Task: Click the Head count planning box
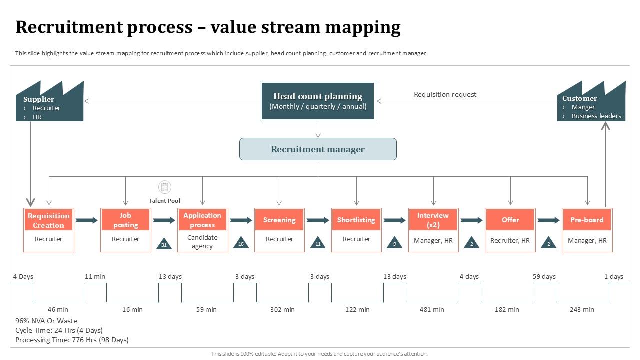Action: coord(318,101)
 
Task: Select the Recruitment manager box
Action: coord(318,149)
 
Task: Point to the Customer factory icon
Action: coord(591,103)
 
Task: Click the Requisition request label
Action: coord(445,94)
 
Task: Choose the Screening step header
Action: coord(279,220)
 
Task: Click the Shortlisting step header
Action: coord(356,220)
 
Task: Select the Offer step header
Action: coord(510,220)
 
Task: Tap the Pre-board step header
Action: coord(587,220)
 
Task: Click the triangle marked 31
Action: coord(164,243)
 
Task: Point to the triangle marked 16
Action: coord(241,243)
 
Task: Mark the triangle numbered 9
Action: coord(394,243)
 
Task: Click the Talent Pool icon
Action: coord(164,187)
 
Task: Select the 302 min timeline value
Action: coord(282,310)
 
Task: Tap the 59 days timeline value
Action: coord(544,277)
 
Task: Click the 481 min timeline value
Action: coord(432,310)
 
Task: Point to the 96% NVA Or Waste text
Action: coord(46,321)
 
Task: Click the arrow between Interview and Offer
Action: coord(471,220)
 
